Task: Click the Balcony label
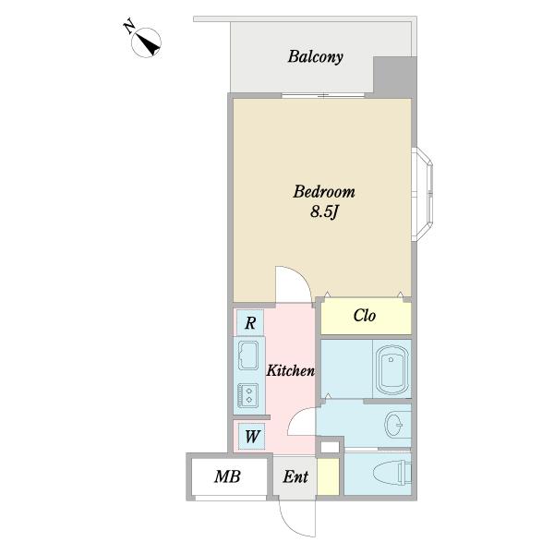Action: point(315,57)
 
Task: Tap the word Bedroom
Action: point(324,192)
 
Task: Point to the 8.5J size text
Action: point(324,211)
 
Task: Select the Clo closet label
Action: point(365,316)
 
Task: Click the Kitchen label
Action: point(291,370)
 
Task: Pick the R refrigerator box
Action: point(250,322)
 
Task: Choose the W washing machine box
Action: point(251,437)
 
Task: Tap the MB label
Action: point(227,476)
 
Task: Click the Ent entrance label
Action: point(295,476)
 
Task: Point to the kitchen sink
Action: point(248,355)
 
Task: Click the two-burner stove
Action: point(248,395)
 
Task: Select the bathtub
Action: point(391,369)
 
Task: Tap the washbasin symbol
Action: point(394,425)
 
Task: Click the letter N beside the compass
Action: point(128,27)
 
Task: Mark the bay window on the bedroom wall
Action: point(423,194)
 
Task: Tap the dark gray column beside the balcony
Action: point(395,77)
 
